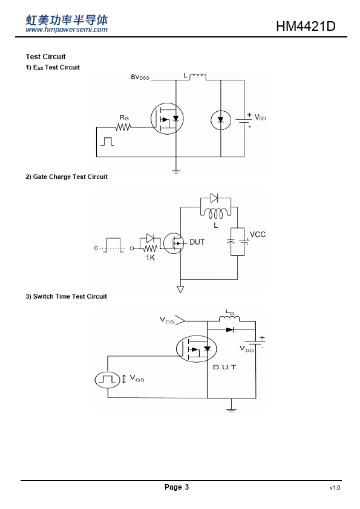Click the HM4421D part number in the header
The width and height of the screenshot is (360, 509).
click(306, 26)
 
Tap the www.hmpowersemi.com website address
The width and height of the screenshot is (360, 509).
click(67, 30)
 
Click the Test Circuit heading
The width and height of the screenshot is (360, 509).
click(45, 56)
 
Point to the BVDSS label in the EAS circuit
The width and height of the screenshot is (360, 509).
click(140, 77)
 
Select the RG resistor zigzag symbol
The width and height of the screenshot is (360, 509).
click(123, 127)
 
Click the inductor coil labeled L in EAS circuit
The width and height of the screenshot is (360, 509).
click(197, 77)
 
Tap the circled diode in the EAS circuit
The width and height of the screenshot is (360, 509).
click(221, 120)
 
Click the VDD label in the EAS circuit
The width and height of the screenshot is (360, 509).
click(260, 117)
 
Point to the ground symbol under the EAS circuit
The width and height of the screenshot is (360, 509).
click(176, 171)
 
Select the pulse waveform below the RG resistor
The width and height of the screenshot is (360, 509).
click(107, 141)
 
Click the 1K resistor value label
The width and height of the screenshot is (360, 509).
click(150, 258)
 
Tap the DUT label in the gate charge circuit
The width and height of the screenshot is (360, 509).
click(197, 242)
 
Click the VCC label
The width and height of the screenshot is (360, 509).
click(258, 235)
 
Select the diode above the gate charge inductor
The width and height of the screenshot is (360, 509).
click(214, 198)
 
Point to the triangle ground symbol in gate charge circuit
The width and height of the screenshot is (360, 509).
click(180, 289)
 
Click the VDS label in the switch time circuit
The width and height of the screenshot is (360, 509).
click(166, 320)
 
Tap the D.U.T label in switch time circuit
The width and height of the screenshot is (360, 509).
click(224, 367)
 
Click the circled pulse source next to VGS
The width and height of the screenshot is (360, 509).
click(108, 380)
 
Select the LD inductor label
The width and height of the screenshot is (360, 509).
click(230, 313)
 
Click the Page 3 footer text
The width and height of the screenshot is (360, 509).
click(177, 487)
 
